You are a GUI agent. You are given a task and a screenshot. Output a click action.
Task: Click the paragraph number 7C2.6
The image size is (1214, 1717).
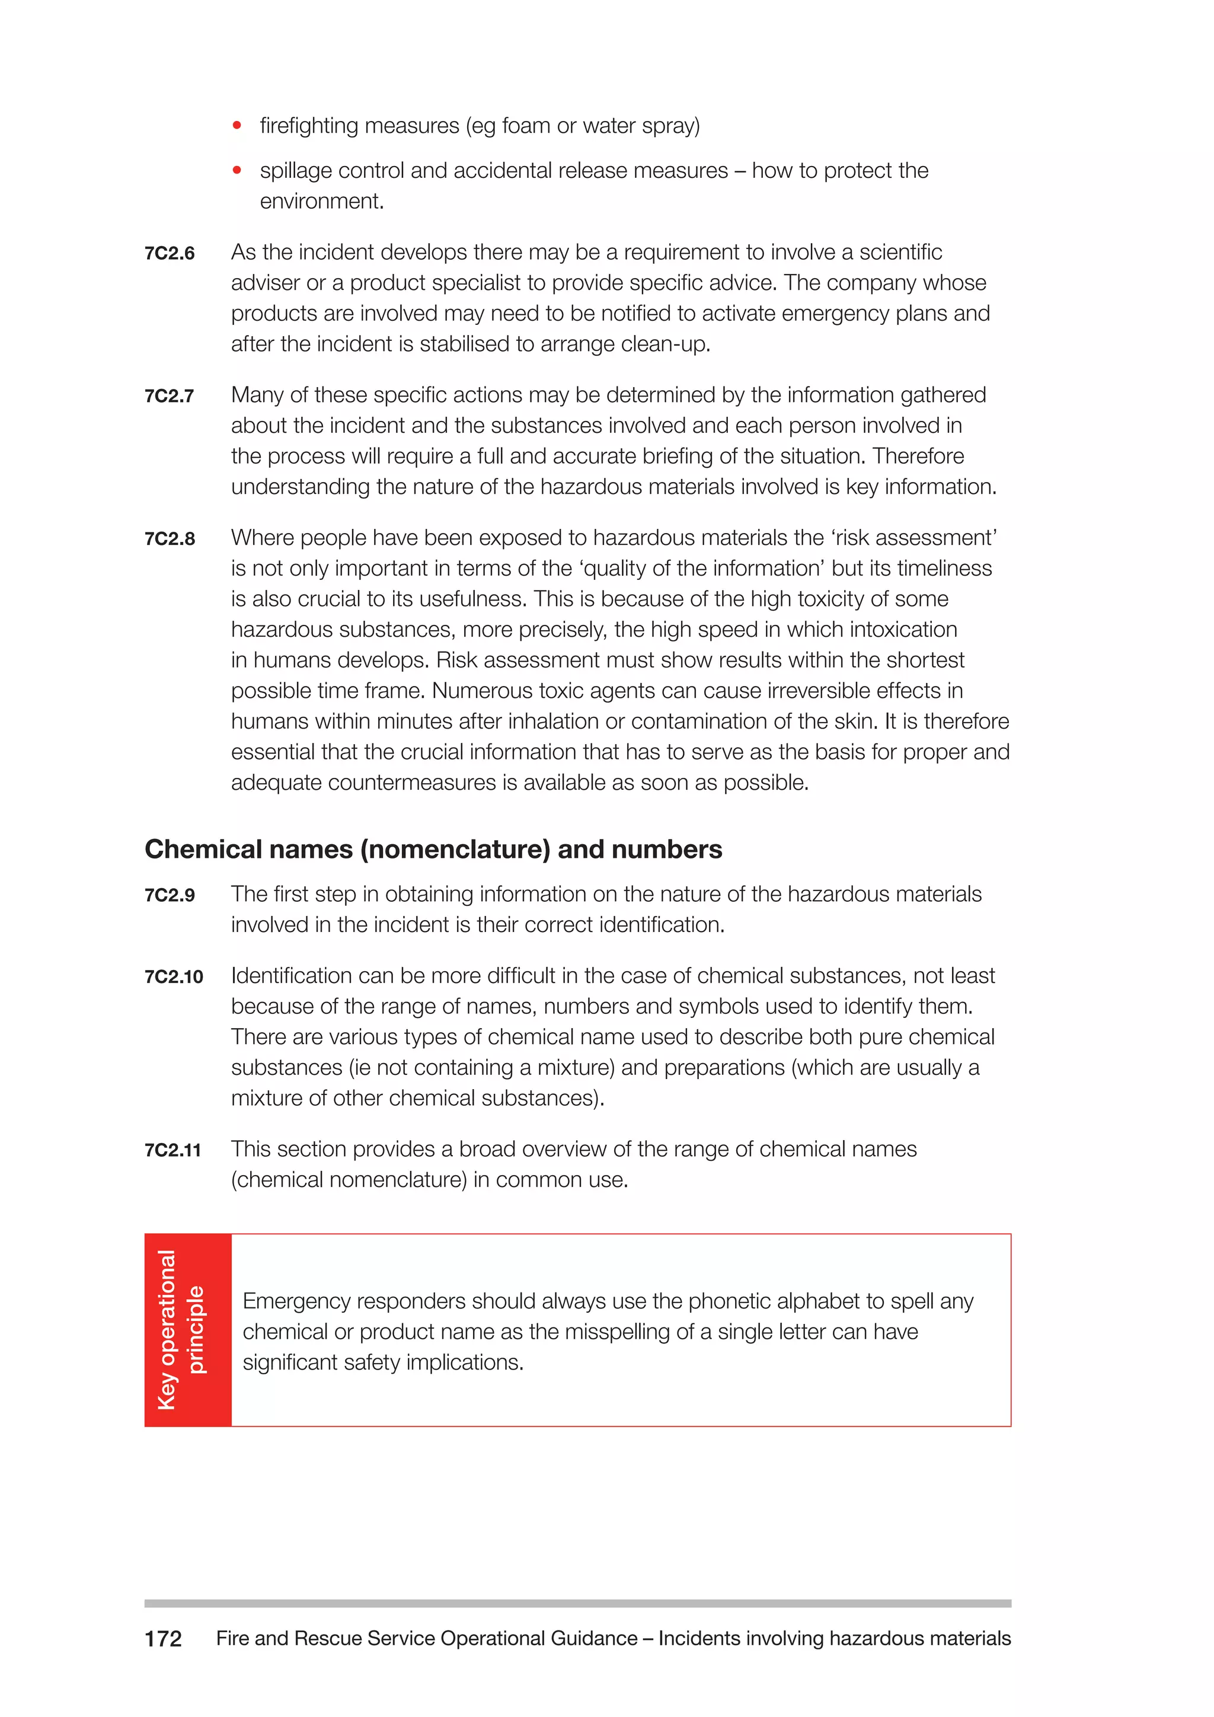click(170, 254)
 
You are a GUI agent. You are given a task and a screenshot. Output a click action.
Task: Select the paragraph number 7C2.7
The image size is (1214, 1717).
click(170, 397)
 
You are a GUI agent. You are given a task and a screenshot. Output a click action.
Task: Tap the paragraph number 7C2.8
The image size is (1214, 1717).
click(170, 539)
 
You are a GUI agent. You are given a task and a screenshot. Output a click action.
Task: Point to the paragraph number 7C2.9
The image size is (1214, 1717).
click(170, 895)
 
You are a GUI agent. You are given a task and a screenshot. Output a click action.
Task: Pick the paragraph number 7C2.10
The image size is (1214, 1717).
click(174, 976)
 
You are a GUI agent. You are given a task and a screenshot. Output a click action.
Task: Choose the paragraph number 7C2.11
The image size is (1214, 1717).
click(172, 1150)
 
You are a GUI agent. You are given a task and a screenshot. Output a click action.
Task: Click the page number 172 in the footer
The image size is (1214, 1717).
click(163, 1639)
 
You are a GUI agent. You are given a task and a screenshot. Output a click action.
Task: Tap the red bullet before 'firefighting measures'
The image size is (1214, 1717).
click(237, 126)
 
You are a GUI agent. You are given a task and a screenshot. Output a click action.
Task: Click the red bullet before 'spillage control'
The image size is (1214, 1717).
click(237, 171)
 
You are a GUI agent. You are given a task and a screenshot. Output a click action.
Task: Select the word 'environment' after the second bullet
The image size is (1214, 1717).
click(321, 201)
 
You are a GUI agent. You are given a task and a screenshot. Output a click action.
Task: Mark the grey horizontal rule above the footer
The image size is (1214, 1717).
click(577, 1603)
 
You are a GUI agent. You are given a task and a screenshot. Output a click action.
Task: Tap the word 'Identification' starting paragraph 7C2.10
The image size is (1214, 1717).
click(292, 976)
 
